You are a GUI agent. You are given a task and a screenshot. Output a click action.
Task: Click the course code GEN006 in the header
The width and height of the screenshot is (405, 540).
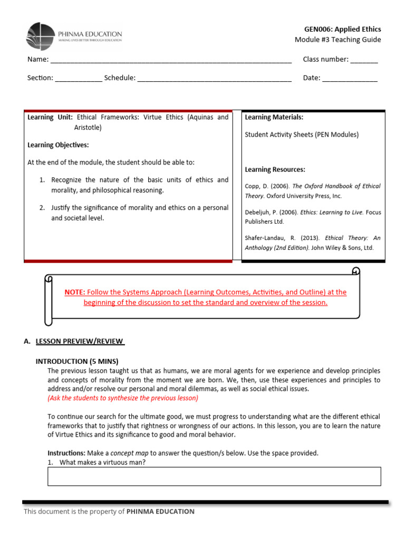tap(318, 29)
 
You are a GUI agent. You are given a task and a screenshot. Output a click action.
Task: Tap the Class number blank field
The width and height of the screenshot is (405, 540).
tap(364, 60)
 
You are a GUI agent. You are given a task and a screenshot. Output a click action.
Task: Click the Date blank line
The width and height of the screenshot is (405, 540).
tap(350, 79)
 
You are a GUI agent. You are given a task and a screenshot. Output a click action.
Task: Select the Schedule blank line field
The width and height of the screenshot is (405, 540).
tap(214, 79)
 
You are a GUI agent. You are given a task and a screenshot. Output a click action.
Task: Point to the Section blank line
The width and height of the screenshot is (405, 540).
tap(79, 79)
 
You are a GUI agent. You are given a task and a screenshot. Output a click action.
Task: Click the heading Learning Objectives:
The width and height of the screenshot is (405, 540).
tap(58, 145)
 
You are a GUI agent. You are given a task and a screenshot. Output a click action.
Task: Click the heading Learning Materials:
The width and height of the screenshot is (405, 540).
tap(274, 117)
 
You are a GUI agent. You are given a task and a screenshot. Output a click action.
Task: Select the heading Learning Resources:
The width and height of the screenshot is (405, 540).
tap(275, 170)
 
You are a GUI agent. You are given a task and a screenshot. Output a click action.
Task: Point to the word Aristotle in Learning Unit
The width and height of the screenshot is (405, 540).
tap(88, 128)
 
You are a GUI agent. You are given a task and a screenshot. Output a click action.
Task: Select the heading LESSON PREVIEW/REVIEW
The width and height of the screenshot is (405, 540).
tap(80, 341)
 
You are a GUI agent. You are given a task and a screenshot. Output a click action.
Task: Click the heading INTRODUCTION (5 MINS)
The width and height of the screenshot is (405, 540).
tap(77, 361)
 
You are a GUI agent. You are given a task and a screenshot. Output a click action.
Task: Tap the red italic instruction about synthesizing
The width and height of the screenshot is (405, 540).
tap(123, 398)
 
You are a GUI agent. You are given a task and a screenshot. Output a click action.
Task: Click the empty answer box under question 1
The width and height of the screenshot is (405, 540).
tap(214, 476)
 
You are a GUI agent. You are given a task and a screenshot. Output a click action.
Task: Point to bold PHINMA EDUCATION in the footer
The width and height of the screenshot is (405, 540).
tap(160, 512)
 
